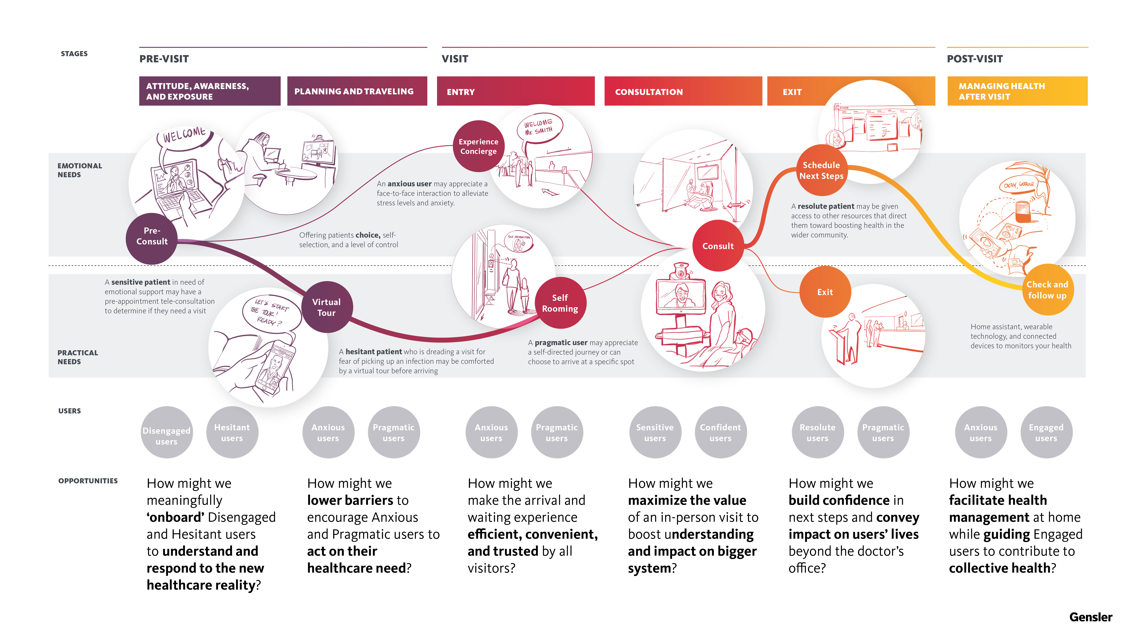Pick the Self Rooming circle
(560, 303)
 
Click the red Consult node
(718, 246)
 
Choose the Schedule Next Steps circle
(821, 170)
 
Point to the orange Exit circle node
(825, 292)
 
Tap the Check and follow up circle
(1047, 290)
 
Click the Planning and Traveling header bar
(357, 91)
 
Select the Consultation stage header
(683, 91)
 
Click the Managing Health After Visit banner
(1017, 91)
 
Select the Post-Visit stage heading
(975, 59)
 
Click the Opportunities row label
(88, 481)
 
